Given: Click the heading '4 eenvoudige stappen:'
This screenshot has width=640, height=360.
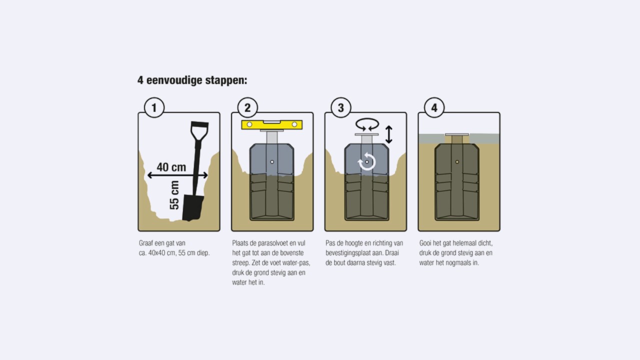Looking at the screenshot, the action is click(192, 80).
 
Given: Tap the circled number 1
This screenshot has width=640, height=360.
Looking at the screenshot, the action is click(154, 107).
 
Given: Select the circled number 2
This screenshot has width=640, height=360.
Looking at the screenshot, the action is click(247, 107).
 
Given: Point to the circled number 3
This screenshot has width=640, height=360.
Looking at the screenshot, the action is click(341, 107).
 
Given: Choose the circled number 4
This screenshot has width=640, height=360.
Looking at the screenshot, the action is click(434, 107).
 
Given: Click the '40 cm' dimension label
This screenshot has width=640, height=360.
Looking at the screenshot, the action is click(171, 167).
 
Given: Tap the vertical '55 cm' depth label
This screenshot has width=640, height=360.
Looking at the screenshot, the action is click(174, 195).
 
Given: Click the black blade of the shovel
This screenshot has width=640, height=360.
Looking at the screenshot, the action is click(192, 207).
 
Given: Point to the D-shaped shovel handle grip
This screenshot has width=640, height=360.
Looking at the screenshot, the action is click(199, 131).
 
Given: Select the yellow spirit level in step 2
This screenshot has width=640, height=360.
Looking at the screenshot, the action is click(271, 124).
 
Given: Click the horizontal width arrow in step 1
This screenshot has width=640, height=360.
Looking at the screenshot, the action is click(177, 175).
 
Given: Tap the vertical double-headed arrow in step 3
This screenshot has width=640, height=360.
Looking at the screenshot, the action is click(388, 134).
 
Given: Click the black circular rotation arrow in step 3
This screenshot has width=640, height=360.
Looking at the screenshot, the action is click(367, 125).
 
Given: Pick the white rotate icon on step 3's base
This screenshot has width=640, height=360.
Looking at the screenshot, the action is click(366, 162).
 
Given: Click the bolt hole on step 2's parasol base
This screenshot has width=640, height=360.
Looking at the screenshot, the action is click(272, 162).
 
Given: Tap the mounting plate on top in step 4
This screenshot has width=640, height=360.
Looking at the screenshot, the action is click(457, 134).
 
